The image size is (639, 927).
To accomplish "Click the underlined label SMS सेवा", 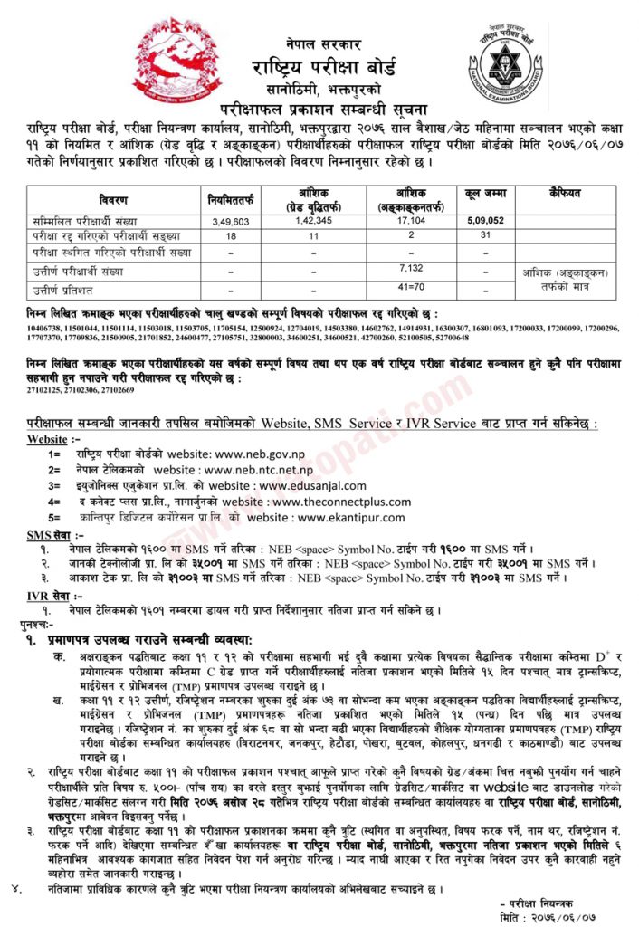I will click(50, 536).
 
